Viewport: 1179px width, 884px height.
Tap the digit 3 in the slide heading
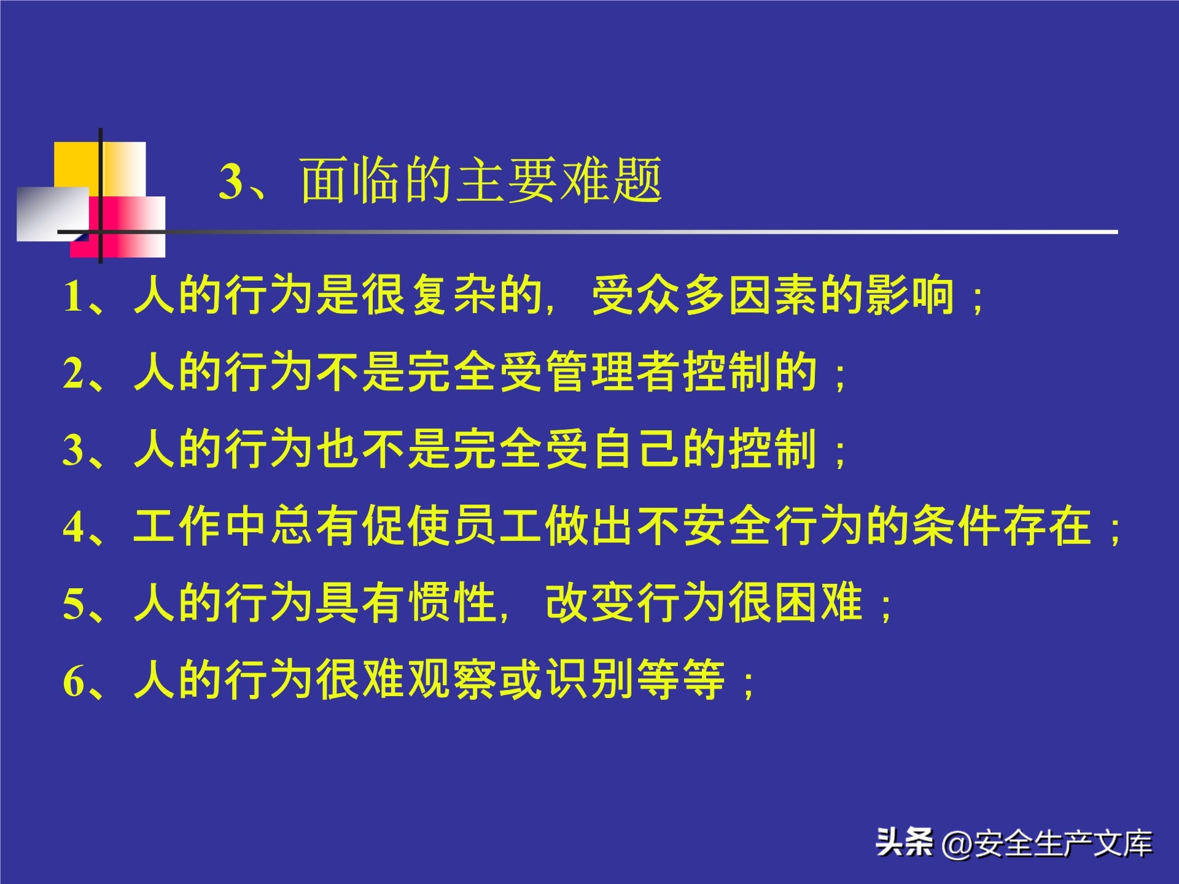tap(232, 182)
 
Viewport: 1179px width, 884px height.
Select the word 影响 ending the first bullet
tap(910, 295)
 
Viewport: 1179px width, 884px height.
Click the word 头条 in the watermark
tap(905, 842)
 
